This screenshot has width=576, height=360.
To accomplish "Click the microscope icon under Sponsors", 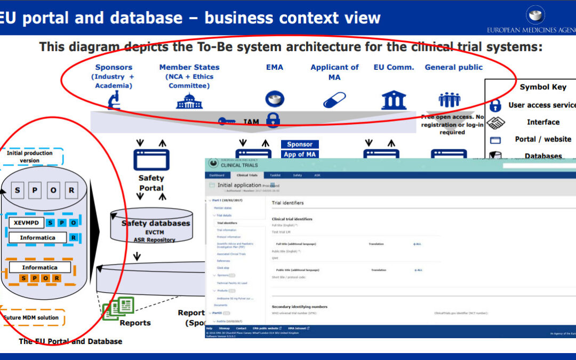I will point(114,100).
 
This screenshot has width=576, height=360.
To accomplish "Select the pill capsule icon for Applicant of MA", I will point(334,100).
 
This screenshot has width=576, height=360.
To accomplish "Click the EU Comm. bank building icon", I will point(394,100).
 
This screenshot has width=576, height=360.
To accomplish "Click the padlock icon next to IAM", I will point(273,119).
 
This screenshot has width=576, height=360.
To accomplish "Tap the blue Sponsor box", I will point(300,144).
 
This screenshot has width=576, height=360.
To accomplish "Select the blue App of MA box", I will point(300,155).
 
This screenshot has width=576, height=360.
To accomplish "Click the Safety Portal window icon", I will point(151,159).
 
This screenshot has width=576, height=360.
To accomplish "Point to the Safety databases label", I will point(155,223).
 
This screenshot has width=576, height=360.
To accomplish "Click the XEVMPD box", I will point(26,222).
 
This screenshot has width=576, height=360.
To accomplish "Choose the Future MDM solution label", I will point(31,318).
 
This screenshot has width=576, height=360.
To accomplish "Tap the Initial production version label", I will point(30,156).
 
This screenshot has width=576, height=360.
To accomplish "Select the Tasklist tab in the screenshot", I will point(275,175).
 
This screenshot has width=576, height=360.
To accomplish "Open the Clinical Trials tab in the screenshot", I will point(247,175).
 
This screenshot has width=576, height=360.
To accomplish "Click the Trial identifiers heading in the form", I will point(287,203).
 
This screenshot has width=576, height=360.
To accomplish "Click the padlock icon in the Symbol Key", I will point(495,105).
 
